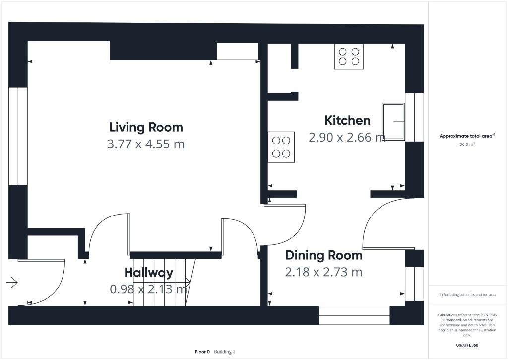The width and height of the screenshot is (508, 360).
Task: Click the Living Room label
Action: pyautogui.click(x=146, y=127)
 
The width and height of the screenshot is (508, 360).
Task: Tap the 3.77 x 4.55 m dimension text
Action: pyautogui.click(x=146, y=144)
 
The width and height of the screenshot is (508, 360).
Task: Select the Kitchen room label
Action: pyautogui.click(x=347, y=120)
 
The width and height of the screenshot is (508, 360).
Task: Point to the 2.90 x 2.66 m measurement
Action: pyautogui.click(x=347, y=138)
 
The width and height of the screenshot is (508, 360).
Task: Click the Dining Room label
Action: pyautogui.click(x=323, y=255)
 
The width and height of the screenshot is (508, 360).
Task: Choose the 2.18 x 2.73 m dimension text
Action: pyautogui.click(x=323, y=272)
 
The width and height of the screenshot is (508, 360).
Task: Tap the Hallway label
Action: pyautogui.click(x=148, y=272)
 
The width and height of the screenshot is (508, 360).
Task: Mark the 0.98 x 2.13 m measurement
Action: pyautogui.click(x=148, y=289)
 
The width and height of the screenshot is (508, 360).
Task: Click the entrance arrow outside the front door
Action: pyautogui.click(x=12, y=283)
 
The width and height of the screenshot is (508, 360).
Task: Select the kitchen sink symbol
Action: pyautogui.click(x=393, y=122)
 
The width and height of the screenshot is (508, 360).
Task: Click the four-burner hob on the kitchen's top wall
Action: pyautogui.click(x=349, y=56)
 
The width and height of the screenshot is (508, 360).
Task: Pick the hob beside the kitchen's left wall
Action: pyautogui.click(x=281, y=147)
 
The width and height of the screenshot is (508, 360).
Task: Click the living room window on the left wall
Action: pyautogui.click(x=18, y=137)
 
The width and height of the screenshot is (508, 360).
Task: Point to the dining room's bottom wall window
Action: pyautogui.click(x=354, y=315)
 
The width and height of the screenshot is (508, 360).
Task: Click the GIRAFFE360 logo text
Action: pyautogui.click(x=467, y=345)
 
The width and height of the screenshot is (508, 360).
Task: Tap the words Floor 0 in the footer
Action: pyautogui.click(x=202, y=352)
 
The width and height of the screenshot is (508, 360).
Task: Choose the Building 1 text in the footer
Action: pyautogui.click(x=225, y=352)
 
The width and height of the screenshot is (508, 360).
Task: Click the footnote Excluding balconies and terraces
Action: pyautogui.click(x=467, y=295)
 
